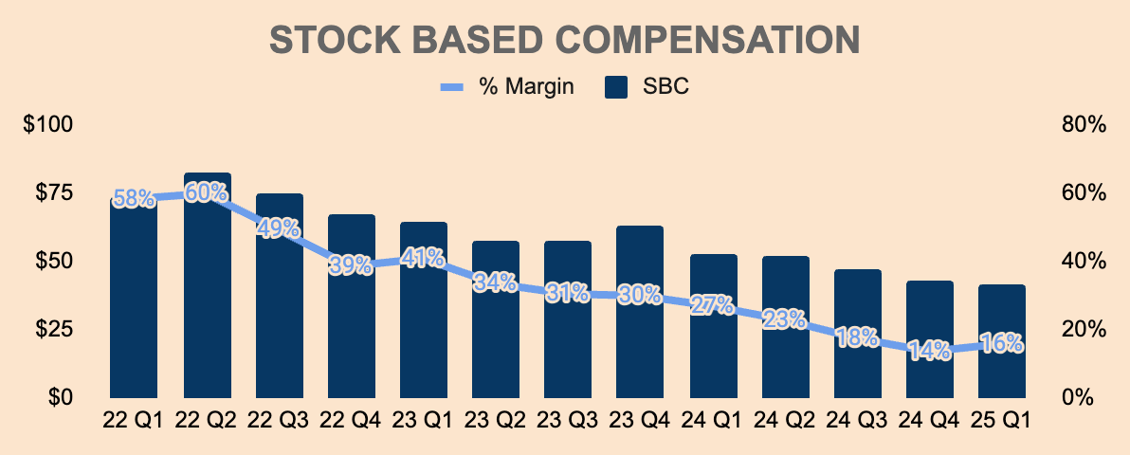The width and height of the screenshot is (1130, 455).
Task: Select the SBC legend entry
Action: [647, 87]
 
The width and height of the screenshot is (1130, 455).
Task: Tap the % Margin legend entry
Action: [509, 87]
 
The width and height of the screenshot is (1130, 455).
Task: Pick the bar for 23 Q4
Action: [640, 322]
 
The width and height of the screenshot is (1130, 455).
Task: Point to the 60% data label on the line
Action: [207, 192]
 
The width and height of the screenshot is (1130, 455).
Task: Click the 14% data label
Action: [929, 350]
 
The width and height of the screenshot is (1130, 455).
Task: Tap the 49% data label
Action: [279, 228]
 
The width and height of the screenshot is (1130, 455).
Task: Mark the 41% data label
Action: [423, 257]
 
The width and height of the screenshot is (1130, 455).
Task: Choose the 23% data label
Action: [784, 318]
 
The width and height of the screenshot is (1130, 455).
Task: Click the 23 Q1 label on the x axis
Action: [423, 420]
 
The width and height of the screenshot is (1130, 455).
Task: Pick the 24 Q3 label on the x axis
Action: [857, 420]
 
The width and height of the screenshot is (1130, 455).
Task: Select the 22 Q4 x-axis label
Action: [351, 420]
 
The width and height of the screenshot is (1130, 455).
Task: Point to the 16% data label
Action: [1002, 343]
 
